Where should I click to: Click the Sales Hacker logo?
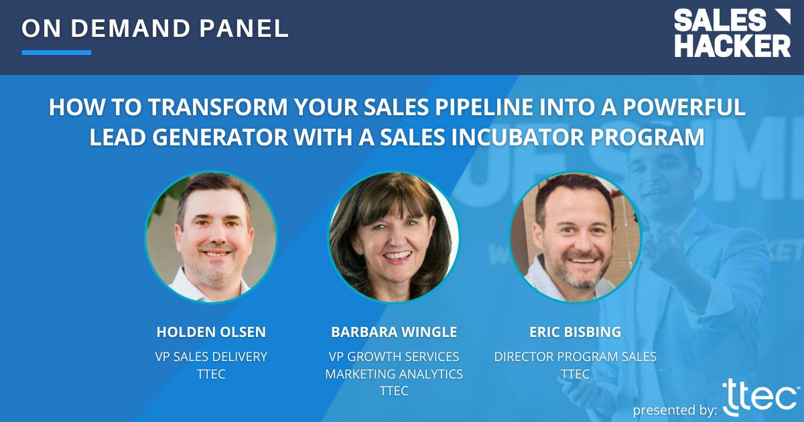pyautogui.click(x=732, y=33)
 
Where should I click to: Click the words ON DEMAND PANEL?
pyautogui.click(x=155, y=28)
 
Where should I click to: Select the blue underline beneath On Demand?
pyautogui.click(x=56, y=52)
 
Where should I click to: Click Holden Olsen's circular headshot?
pyautogui.click(x=211, y=237)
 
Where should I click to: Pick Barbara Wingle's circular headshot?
pyautogui.click(x=394, y=237)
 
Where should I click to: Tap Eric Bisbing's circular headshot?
pyautogui.click(x=576, y=237)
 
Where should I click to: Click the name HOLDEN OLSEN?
pyautogui.click(x=211, y=332)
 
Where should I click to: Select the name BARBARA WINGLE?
pyautogui.click(x=394, y=332)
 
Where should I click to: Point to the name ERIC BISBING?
pyautogui.click(x=576, y=332)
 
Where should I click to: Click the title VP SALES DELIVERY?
pyautogui.click(x=211, y=356)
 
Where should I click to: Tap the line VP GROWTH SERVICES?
pyautogui.click(x=394, y=356)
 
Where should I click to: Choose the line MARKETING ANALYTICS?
pyautogui.click(x=394, y=374)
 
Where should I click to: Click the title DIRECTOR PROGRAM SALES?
pyautogui.click(x=576, y=356)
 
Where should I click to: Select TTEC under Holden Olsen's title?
pyautogui.click(x=211, y=374)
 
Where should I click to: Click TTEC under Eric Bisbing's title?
pyautogui.click(x=576, y=374)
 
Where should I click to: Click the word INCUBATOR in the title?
pyautogui.click(x=517, y=137)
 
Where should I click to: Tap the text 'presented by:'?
pyautogui.click(x=675, y=410)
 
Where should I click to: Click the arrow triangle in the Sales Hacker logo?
pyautogui.click(x=784, y=16)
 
